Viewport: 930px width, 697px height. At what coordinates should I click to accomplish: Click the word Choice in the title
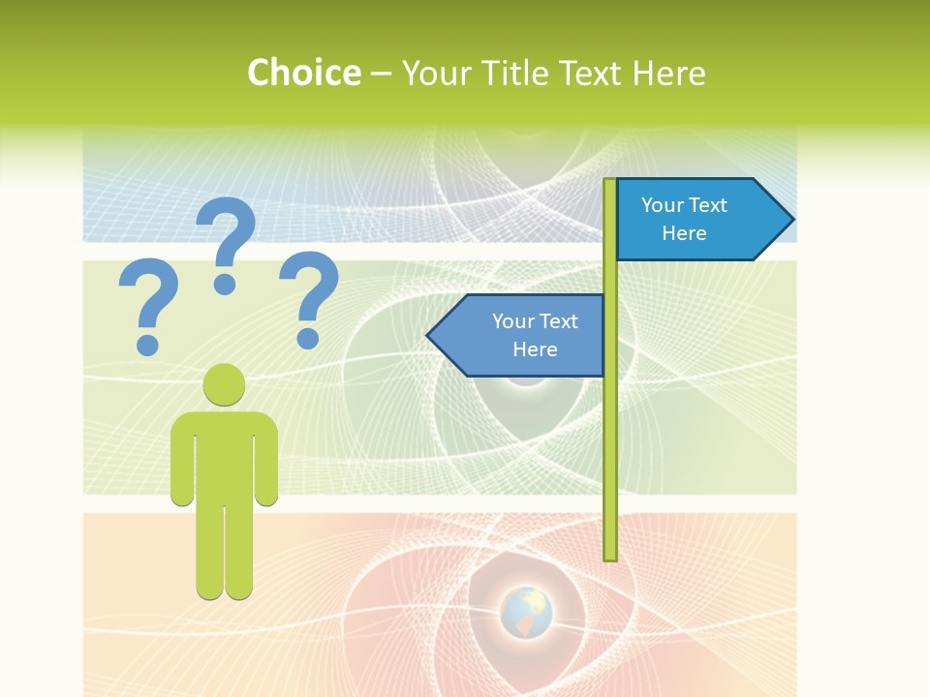(303, 73)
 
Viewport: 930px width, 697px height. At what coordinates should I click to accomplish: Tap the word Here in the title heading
(668, 73)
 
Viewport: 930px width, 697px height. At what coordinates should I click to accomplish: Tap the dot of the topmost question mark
(225, 283)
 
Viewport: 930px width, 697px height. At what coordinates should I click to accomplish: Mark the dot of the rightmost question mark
(308, 337)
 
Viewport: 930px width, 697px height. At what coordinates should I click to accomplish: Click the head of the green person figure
(224, 384)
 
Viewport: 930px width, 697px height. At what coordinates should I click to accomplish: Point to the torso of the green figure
(224, 455)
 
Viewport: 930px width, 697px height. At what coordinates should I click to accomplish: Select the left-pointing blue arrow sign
(518, 335)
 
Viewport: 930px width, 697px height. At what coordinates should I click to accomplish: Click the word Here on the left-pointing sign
(535, 349)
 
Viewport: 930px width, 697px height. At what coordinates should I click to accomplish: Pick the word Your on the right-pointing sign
(662, 205)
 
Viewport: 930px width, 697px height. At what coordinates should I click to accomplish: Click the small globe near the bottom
(526, 612)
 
